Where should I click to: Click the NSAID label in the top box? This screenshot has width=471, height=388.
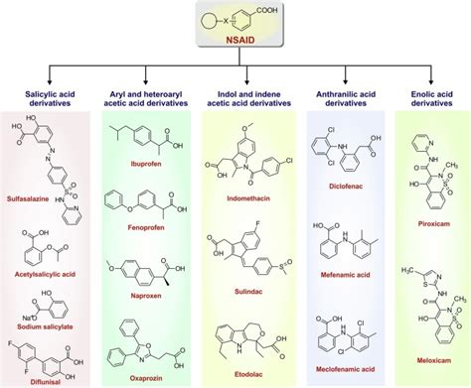pos(235,46)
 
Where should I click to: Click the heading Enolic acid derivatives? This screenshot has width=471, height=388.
pos(432,98)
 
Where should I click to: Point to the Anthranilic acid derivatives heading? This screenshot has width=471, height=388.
pos(344,98)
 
